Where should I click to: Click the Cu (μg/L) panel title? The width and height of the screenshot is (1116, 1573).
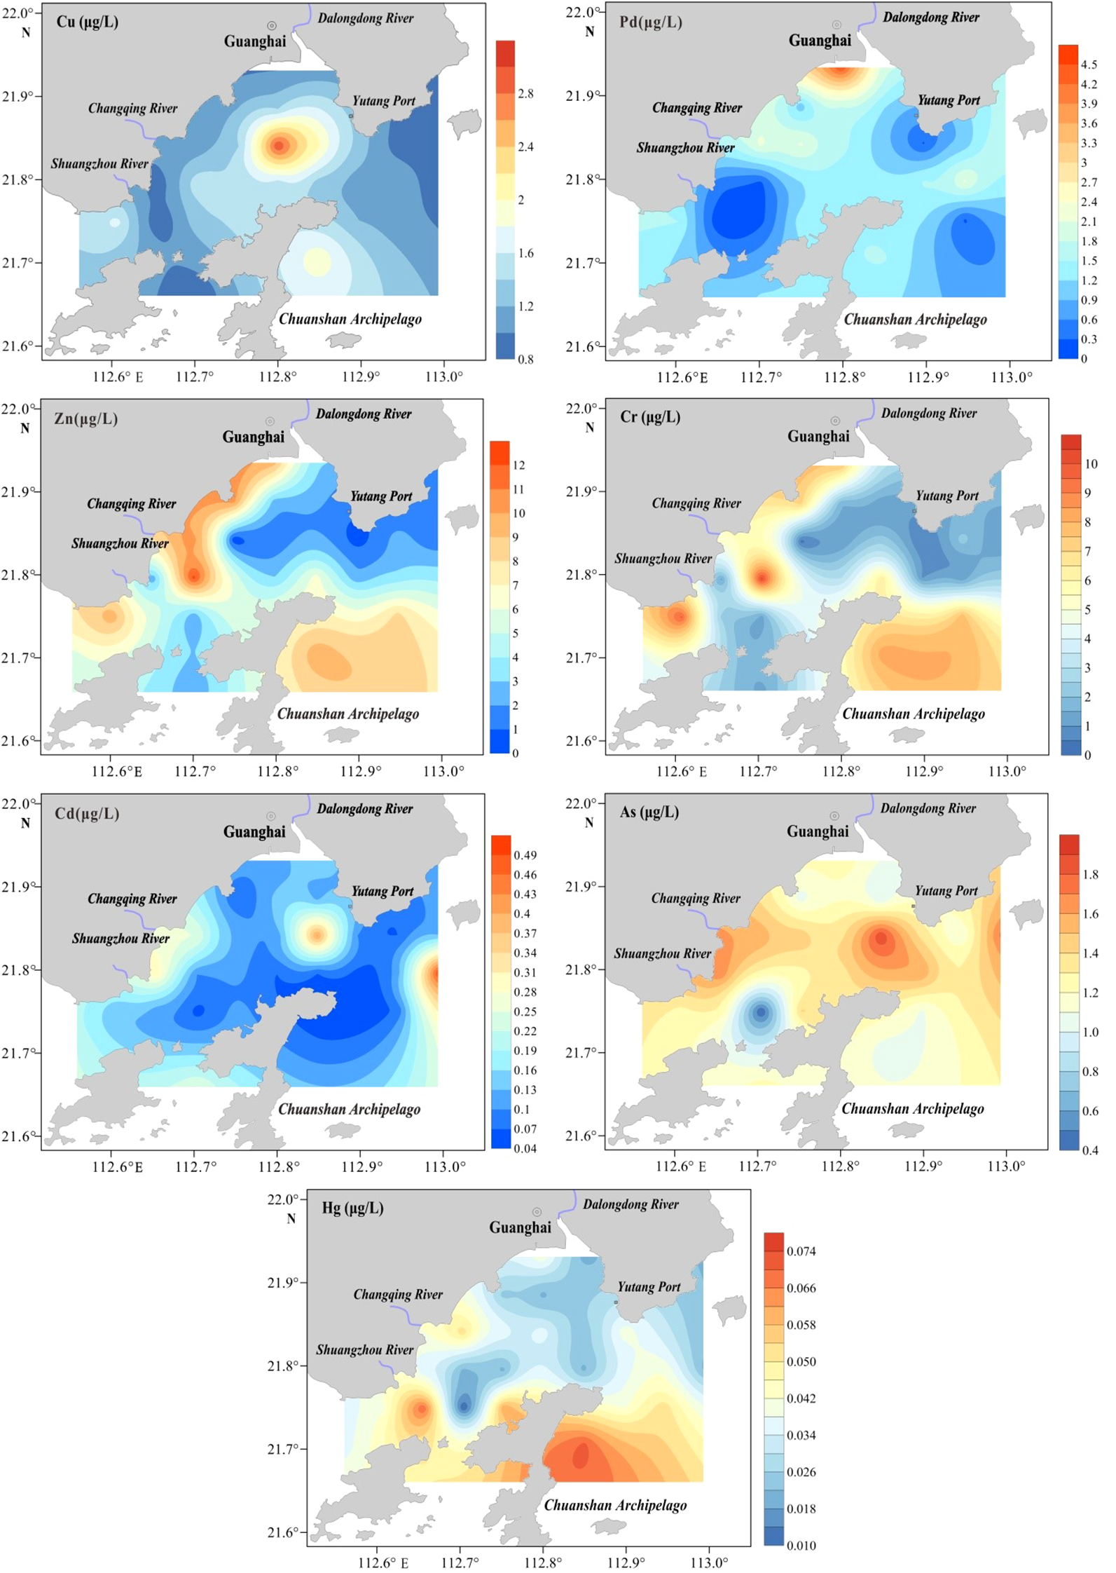coord(87,22)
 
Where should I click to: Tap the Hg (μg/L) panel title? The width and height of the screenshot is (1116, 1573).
coord(352,1207)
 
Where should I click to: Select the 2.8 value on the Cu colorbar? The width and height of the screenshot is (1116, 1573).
coord(525,94)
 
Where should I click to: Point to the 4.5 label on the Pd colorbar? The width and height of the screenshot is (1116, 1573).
coord(1089,64)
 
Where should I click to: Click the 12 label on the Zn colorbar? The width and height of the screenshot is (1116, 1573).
coord(518,465)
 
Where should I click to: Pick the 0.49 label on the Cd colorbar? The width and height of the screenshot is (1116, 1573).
coord(525,855)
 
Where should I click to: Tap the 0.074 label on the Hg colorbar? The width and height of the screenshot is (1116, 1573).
coord(801,1251)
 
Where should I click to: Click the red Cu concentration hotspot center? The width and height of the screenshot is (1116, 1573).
coord(280,146)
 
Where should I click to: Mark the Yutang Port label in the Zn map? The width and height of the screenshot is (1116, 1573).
coord(381,496)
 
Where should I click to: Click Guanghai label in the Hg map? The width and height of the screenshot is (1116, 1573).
coord(520,1227)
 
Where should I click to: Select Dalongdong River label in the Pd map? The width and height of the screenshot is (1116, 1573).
coord(930,18)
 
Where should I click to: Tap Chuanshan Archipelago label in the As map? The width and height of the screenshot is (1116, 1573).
coord(912,1108)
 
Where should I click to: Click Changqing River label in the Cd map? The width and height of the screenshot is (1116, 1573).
coord(132,899)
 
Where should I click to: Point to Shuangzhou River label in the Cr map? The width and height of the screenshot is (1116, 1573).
coord(663,559)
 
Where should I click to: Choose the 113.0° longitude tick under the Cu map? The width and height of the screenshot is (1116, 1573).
coord(444,376)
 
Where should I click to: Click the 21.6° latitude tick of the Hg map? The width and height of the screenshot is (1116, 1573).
coord(283,1532)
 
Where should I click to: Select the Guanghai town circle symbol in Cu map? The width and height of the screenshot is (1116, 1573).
coord(272,26)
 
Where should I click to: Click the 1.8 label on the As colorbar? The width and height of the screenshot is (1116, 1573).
coord(1090,875)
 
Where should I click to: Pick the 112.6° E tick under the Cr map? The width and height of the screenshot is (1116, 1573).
coord(681,772)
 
